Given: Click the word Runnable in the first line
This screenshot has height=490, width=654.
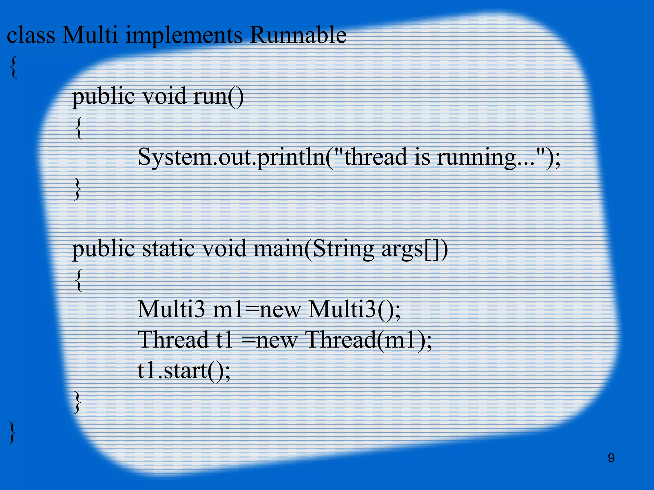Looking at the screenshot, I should [298, 35].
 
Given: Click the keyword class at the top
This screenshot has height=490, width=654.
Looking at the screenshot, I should [31, 35].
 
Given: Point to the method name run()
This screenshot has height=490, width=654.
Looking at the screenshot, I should [218, 96].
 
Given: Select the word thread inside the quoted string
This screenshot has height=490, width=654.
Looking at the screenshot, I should [376, 157].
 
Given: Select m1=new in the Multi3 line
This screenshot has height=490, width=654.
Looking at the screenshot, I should [257, 309].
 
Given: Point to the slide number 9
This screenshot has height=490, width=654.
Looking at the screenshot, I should [611, 458].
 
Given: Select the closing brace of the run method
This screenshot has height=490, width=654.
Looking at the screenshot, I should [77, 189].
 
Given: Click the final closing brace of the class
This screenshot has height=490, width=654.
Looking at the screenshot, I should [12, 432].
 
